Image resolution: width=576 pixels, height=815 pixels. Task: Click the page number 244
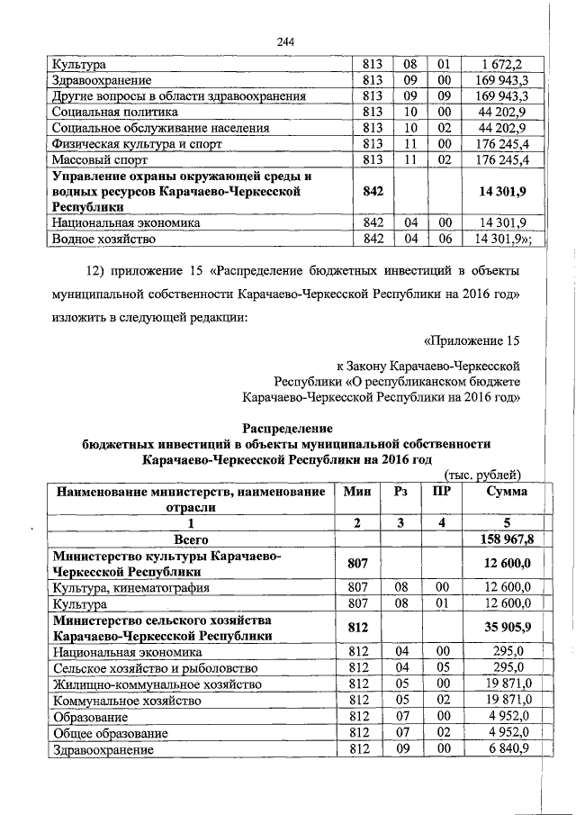click(x=287, y=41)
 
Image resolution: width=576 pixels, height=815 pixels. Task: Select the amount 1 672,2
click(x=500, y=65)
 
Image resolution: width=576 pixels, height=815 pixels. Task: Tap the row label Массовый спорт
click(x=102, y=160)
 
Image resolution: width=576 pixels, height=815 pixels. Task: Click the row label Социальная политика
click(x=114, y=113)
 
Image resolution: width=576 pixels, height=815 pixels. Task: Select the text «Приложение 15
click(x=472, y=340)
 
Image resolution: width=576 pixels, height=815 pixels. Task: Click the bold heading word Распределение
click(x=287, y=428)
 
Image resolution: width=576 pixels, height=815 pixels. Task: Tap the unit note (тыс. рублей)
click(x=484, y=475)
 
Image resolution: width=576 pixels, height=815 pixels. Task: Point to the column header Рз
click(x=401, y=492)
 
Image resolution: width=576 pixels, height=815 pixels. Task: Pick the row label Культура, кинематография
click(x=131, y=587)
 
